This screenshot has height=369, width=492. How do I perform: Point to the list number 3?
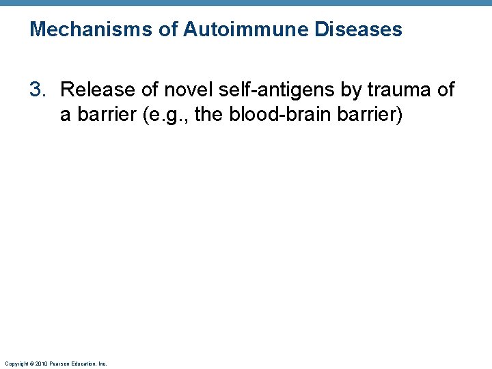(38, 90)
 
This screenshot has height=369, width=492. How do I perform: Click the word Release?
(93, 90)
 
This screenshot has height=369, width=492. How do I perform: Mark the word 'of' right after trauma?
(444, 90)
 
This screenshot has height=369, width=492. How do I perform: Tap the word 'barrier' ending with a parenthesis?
(372, 114)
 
